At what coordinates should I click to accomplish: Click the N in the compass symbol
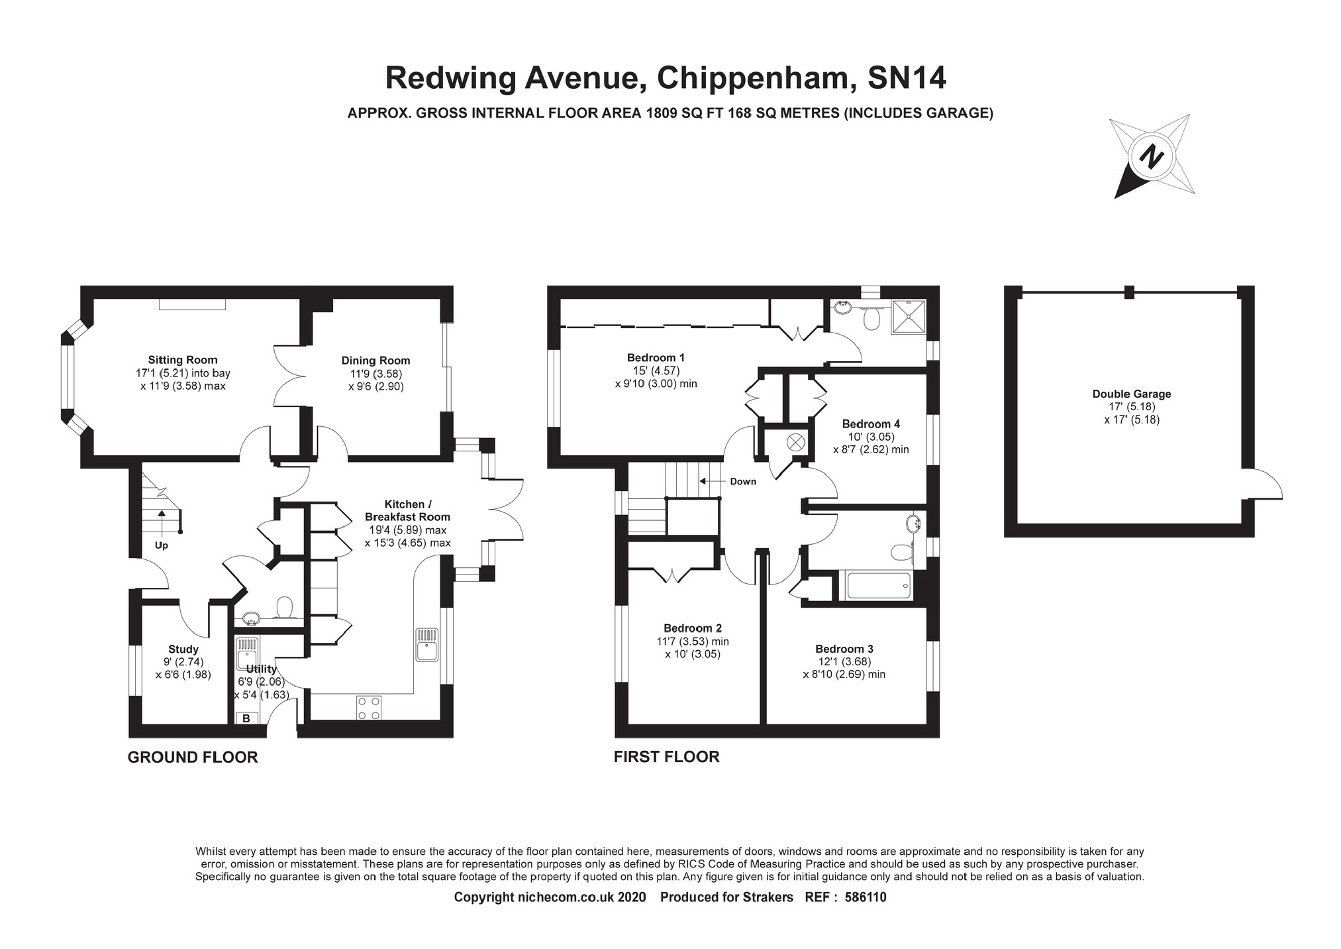(1152, 156)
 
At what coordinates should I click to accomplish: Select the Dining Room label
(375, 361)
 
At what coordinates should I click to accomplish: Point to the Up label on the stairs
(161, 545)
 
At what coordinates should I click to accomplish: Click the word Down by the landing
(743, 481)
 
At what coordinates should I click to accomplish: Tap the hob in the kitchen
(369, 707)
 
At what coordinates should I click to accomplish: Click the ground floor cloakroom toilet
(285, 607)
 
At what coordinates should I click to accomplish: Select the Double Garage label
(1132, 394)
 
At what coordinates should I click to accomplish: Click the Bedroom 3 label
(844, 649)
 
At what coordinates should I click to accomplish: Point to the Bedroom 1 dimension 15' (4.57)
(656, 371)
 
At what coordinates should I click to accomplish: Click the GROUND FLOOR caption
(193, 757)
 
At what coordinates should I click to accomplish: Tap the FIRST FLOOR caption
(666, 756)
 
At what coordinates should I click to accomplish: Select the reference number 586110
(866, 897)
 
